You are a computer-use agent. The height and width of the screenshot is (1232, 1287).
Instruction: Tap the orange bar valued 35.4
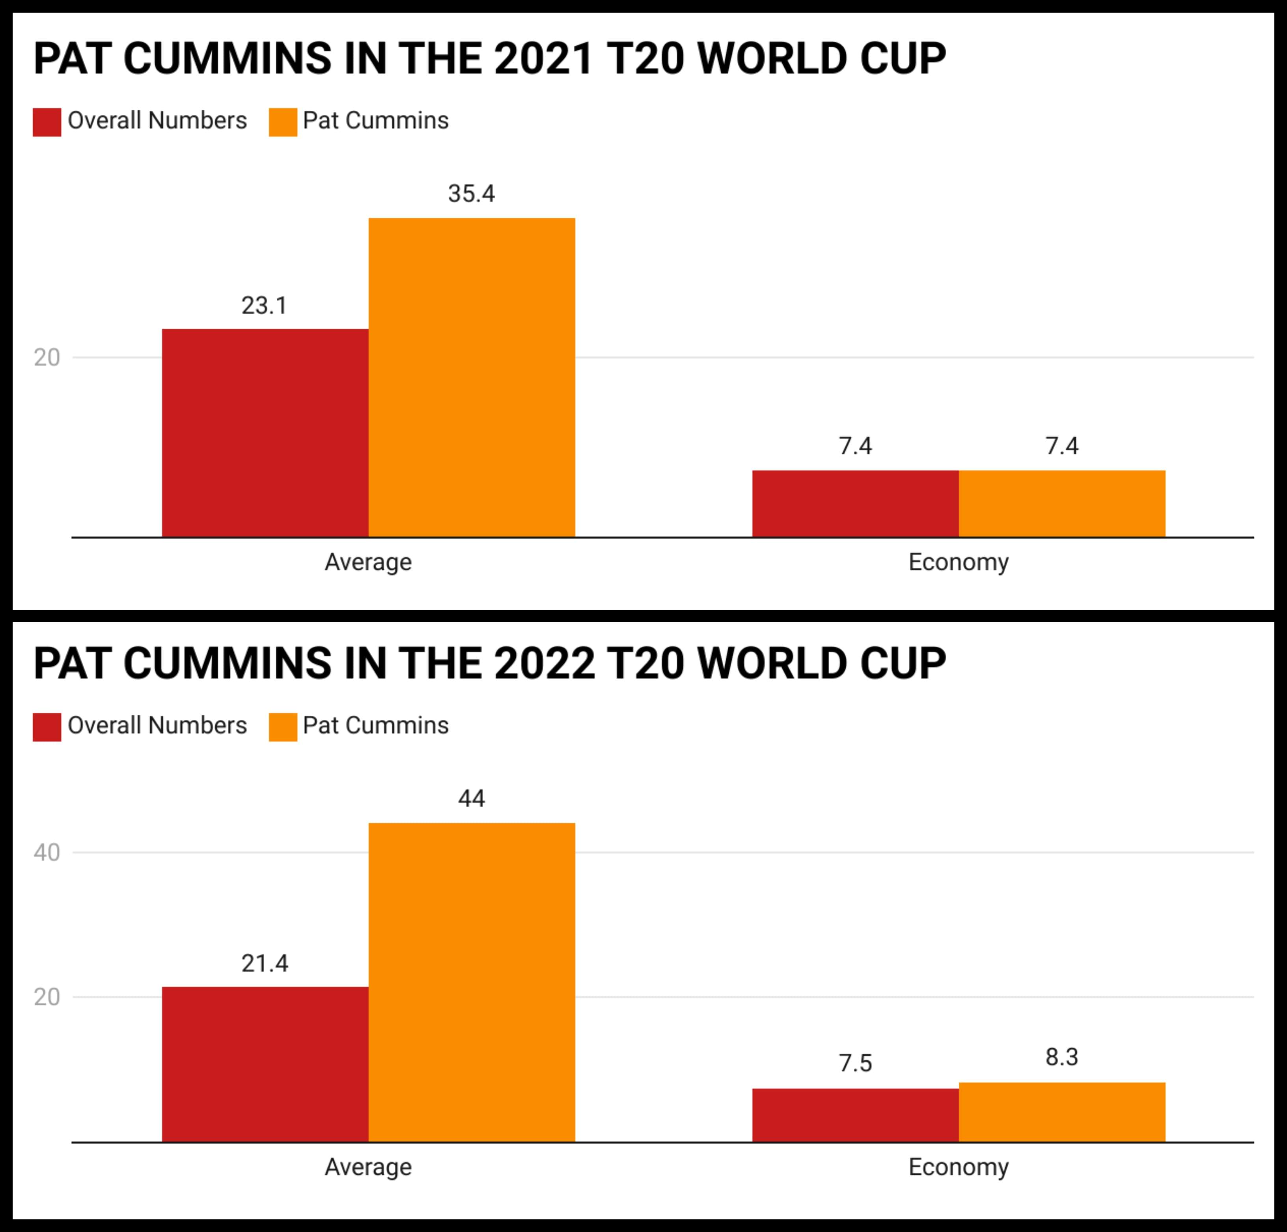472,378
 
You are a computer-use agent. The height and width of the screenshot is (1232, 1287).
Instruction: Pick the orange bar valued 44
472,982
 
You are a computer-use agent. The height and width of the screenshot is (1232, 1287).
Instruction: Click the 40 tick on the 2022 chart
47,852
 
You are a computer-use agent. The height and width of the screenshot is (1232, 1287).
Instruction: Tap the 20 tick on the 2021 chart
47,358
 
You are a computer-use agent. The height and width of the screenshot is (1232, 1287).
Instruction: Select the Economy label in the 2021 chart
958,562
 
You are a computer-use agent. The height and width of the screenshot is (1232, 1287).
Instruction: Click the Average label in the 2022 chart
368,1167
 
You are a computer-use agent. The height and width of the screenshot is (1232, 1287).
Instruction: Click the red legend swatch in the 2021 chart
47,122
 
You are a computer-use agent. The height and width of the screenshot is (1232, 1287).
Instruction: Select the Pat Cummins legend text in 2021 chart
376,121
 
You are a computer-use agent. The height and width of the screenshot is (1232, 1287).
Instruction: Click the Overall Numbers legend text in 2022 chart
157,726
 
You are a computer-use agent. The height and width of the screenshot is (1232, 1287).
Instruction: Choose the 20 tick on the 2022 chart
47,997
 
